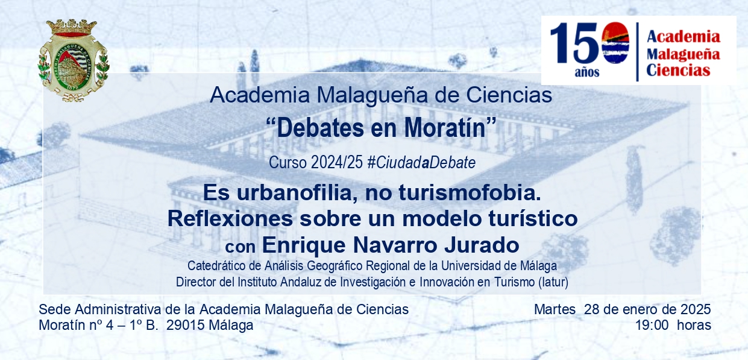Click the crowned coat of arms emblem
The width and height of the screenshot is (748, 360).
[x=73, y=60]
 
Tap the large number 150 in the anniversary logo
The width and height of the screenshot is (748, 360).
[x=589, y=43]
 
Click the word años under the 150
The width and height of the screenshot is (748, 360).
[x=586, y=72]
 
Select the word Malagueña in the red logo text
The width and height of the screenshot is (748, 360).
[x=683, y=54]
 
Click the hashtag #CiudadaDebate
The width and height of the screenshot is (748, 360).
[x=421, y=163]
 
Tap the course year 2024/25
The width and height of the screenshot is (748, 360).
[x=336, y=163]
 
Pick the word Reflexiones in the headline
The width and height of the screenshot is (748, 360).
[x=230, y=218]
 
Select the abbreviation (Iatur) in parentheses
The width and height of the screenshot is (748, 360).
[x=553, y=282]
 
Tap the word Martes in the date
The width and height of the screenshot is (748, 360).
[x=555, y=309]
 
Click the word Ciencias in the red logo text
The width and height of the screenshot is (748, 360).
[x=678, y=71]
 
